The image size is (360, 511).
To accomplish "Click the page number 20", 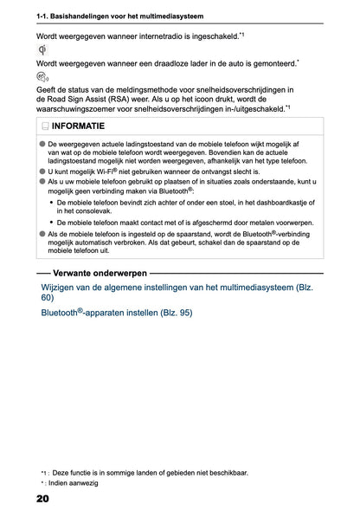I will tap(42, 499).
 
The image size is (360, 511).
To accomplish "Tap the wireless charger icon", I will tap(43, 50).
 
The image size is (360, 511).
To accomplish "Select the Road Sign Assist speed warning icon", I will tap(44, 77).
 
